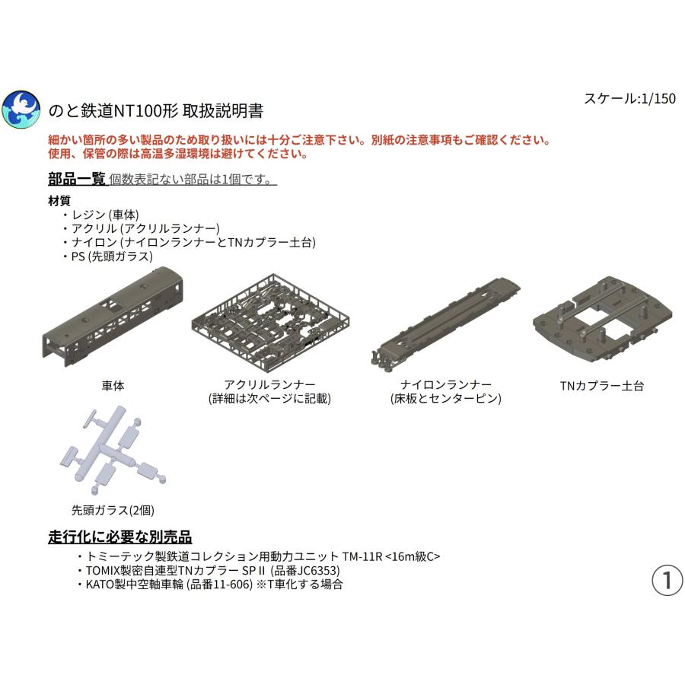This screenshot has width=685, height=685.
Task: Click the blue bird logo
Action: pos(21,110)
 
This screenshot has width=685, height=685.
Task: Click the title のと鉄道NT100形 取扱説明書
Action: pos(156,110)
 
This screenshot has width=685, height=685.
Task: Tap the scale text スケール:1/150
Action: pos(629,98)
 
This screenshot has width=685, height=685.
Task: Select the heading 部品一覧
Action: pos(76,180)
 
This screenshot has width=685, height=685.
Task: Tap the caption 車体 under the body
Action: pos(113,386)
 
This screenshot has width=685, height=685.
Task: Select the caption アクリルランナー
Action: pos(270,384)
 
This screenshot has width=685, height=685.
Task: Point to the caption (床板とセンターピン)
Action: pos(445,398)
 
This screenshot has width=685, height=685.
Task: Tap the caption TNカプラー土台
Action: pos(601,386)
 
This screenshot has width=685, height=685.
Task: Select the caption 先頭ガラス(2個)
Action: pos(107,510)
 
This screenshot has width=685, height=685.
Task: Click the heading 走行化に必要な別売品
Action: pos(120,537)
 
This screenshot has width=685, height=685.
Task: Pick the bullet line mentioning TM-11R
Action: pos(263,556)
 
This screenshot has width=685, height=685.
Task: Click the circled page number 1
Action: pos(667,580)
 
